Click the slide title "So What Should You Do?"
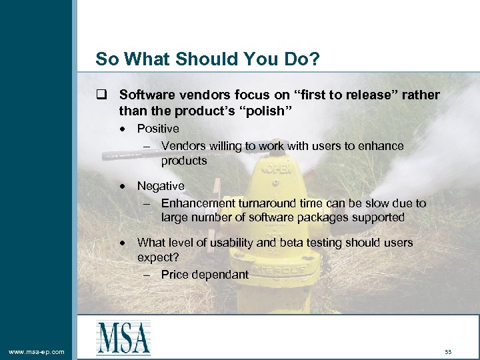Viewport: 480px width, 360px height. pyautogui.click(x=207, y=59)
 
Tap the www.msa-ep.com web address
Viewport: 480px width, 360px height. pyautogui.click(x=37, y=351)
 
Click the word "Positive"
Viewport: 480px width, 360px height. pyautogui.click(x=158, y=129)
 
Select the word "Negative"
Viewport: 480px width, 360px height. pyautogui.click(x=161, y=186)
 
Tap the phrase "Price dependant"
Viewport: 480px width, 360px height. pyautogui.click(x=205, y=274)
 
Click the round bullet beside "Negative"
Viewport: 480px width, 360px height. pyautogui.click(x=125, y=186)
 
